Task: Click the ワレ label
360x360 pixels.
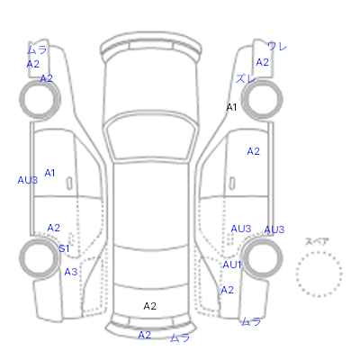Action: tap(277, 47)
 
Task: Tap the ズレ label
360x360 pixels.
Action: tap(245, 78)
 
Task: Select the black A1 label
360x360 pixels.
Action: tap(231, 107)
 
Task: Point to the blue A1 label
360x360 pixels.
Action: tap(49, 173)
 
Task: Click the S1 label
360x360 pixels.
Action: tap(64, 248)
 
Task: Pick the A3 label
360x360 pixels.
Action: tap(71, 272)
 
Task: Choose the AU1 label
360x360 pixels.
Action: tap(232, 265)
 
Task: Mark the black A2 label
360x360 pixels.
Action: tap(149, 306)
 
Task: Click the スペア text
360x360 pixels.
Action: tap(317, 241)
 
